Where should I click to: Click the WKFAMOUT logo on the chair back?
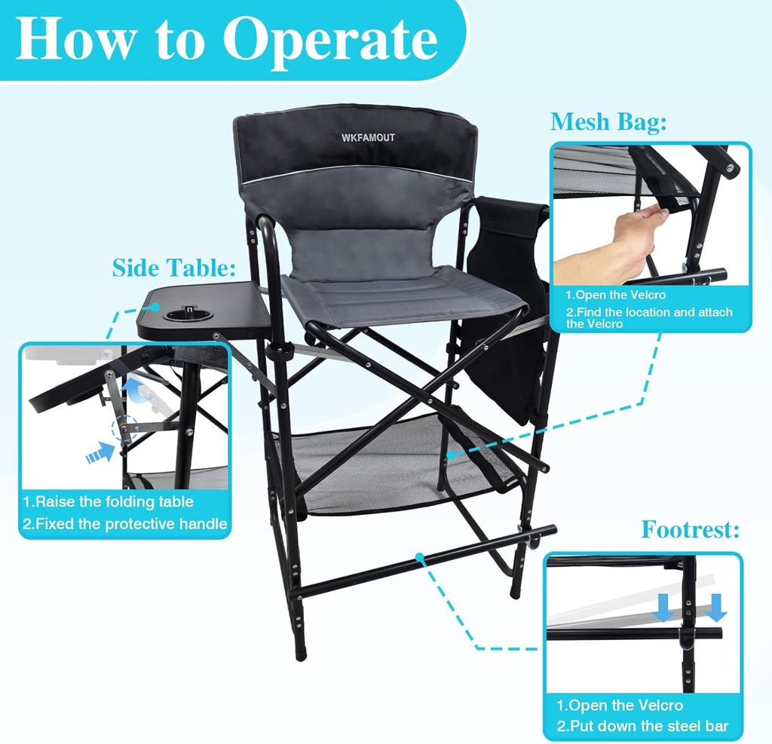coord(368,137)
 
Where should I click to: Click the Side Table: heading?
coord(174,268)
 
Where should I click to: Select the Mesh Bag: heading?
coord(608,122)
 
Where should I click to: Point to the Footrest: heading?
coord(690,530)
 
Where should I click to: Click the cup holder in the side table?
coord(187,314)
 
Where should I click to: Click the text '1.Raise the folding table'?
coord(108,502)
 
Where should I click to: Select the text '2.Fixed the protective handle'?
coord(125,523)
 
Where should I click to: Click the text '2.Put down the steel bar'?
coord(642,726)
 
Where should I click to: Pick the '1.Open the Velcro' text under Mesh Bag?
coord(615,295)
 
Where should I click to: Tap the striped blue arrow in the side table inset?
coord(100,453)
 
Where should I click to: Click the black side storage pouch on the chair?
coord(507,305)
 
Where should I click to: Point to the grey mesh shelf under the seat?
coord(394,463)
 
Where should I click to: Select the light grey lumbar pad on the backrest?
coord(363,250)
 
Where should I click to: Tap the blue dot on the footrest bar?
coord(419,557)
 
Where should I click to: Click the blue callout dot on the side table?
coord(155,307)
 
